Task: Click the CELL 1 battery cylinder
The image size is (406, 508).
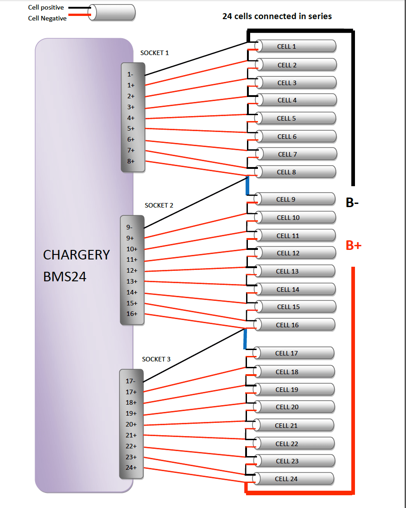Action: pos(296,46)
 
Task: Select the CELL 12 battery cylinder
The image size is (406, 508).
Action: pos(295,253)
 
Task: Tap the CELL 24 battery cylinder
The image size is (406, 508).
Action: pos(293,479)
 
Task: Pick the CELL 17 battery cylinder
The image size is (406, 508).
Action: pos(294,353)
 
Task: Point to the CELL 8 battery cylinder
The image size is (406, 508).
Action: pos(295,172)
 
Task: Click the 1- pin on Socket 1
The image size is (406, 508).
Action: pos(130,75)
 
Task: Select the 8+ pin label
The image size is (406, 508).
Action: pos(131,161)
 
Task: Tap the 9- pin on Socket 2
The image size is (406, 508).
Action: pos(129,227)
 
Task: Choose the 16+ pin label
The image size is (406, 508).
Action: pos(132,314)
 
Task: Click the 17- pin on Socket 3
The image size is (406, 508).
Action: pos(131,381)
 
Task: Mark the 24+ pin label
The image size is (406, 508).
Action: pos(131,467)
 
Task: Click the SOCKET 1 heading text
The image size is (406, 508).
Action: pos(154,53)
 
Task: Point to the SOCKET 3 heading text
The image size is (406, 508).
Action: pos(156,359)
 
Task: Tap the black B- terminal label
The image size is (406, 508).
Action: pos(352,203)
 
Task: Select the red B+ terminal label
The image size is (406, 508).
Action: pos(354,245)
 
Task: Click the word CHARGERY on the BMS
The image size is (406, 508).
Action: pos(77,255)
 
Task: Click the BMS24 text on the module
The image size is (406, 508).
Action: pos(65,277)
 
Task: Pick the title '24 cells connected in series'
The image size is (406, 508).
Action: pos(277,16)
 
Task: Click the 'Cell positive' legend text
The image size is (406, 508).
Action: pos(46,7)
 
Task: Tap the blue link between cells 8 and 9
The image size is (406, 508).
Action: pos(247,186)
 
